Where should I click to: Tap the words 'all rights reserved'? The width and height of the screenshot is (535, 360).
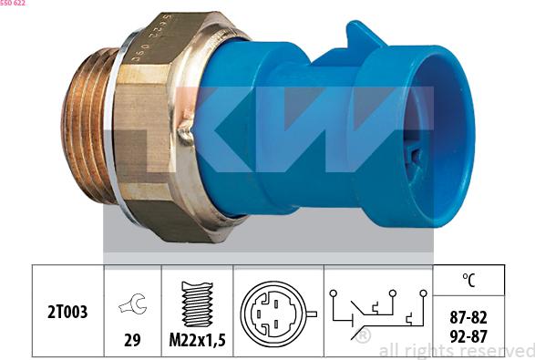coord(456,350)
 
